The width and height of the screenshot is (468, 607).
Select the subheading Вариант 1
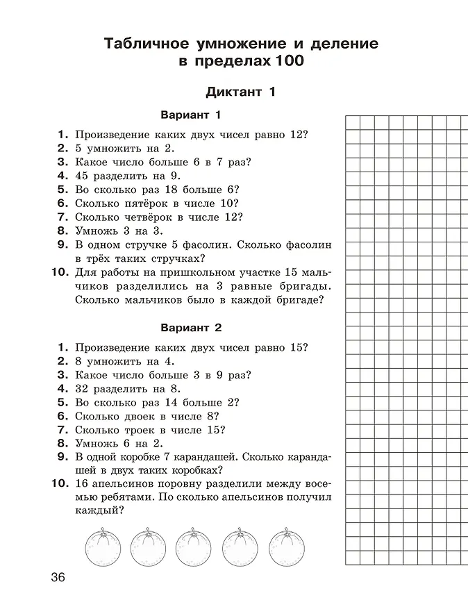190,115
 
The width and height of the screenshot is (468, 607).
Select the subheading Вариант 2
190,327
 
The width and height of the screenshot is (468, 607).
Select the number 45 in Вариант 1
83,176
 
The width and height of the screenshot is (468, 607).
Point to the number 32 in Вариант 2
83,388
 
